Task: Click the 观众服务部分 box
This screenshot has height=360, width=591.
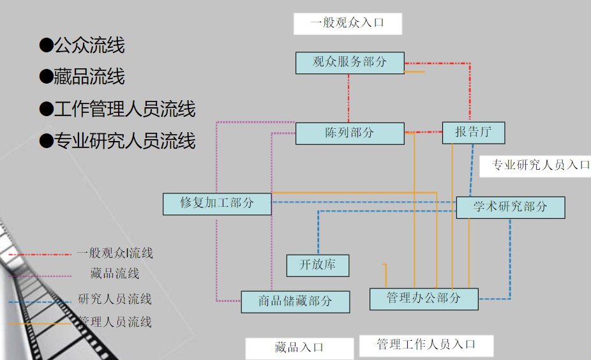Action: click(x=350, y=63)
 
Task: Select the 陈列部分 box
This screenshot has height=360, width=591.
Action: click(x=350, y=133)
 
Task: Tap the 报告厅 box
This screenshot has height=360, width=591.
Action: click(x=473, y=132)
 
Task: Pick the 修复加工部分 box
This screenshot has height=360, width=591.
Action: click(x=217, y=204)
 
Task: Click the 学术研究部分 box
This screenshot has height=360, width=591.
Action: click(x=510, y=207)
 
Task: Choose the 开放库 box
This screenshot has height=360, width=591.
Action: click(x=317, y=265)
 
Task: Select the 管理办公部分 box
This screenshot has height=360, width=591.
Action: click(x=424, y=299)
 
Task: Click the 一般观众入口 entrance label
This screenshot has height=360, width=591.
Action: click(x=347, y=24)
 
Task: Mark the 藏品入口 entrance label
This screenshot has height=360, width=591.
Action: click(x=299, y=348)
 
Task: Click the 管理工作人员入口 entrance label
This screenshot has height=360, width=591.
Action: click(x=426, y=345)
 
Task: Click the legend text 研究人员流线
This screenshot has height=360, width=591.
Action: click(x=115, y=299)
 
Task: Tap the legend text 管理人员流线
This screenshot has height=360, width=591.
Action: click(x=115, y=322)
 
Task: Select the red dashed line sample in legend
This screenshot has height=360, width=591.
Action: click(x=40, y=254)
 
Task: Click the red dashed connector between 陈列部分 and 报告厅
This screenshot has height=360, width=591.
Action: click(x=423, y=132)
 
